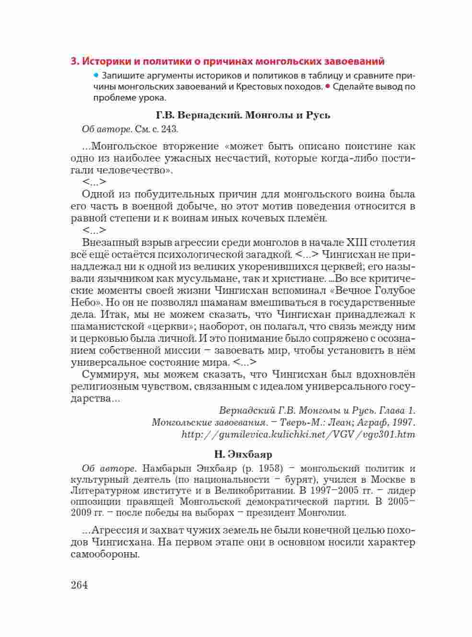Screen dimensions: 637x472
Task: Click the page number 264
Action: click(x=79, y=585)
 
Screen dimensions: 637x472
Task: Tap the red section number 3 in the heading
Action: click(x=73, y=61)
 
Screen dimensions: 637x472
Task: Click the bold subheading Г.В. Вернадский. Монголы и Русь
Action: click(x=243, y=115)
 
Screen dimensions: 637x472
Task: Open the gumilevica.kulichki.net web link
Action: click(x=298, y=435)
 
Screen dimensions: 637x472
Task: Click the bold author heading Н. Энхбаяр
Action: click(x=243, y=453)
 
